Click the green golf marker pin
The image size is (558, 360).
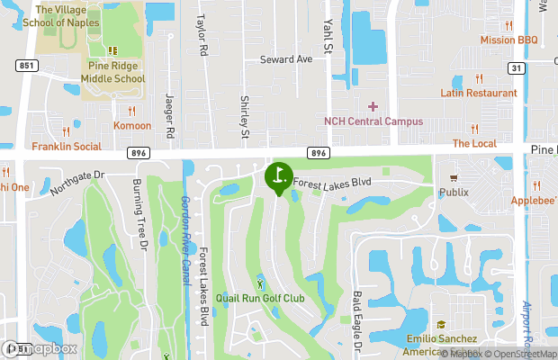278,176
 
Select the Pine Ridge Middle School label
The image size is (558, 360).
116,73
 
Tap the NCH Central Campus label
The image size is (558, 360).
373,121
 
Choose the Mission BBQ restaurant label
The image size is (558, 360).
508,40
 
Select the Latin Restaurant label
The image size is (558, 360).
479,94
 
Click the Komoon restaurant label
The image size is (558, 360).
131,125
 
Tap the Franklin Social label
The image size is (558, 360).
67,146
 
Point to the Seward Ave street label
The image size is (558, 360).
285,59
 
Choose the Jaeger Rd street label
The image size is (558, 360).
169,112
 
